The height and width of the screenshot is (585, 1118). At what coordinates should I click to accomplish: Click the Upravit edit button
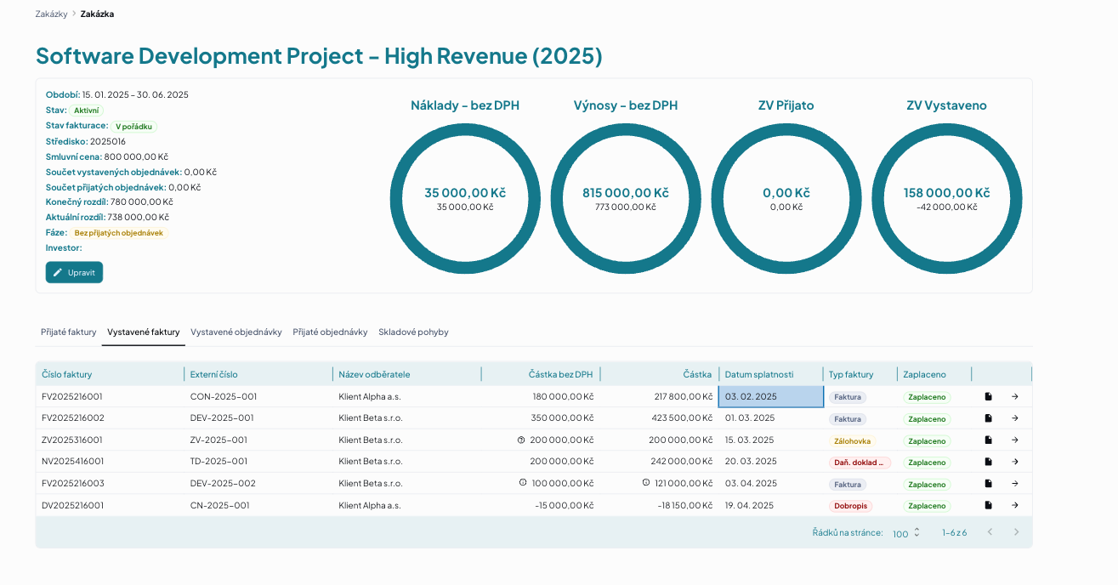pos(74,273)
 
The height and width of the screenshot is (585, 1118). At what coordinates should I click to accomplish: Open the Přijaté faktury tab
pos(68,332)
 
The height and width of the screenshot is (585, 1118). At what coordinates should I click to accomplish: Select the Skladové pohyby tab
pos(413,332)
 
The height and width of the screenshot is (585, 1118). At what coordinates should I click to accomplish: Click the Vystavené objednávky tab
pos(236,332)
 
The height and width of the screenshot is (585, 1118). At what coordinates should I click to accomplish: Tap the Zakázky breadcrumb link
pos(51,14)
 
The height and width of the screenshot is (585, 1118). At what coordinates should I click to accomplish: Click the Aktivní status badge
pos(87,111)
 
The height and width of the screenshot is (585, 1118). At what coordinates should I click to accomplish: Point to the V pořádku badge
pos(133,127)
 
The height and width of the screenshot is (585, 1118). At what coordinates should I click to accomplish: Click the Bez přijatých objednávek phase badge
pos(119,233)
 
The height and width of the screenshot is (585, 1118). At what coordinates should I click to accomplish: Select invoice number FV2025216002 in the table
pos(72,417)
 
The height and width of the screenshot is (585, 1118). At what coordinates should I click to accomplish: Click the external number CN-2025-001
pos(219,505)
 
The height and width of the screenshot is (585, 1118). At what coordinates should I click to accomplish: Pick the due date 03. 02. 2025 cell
pos(770,396)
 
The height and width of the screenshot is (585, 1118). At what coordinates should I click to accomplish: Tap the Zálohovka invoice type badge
pos(852,440)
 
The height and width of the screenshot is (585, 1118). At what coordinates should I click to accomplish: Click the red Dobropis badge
pos(850,506)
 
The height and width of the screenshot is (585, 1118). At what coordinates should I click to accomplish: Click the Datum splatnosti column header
pos(759,374)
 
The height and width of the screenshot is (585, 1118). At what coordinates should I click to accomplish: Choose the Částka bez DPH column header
pos(560,374)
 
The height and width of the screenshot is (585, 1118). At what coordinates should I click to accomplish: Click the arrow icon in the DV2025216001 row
pos(1014,505)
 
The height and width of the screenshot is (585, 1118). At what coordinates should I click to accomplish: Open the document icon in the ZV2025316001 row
pos(988,440)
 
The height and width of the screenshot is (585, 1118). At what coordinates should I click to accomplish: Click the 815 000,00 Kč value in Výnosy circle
pos(626,193)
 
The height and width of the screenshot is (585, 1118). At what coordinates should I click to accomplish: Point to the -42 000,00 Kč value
pos(947,207)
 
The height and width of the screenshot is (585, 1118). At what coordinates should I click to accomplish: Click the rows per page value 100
pos(900,534)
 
